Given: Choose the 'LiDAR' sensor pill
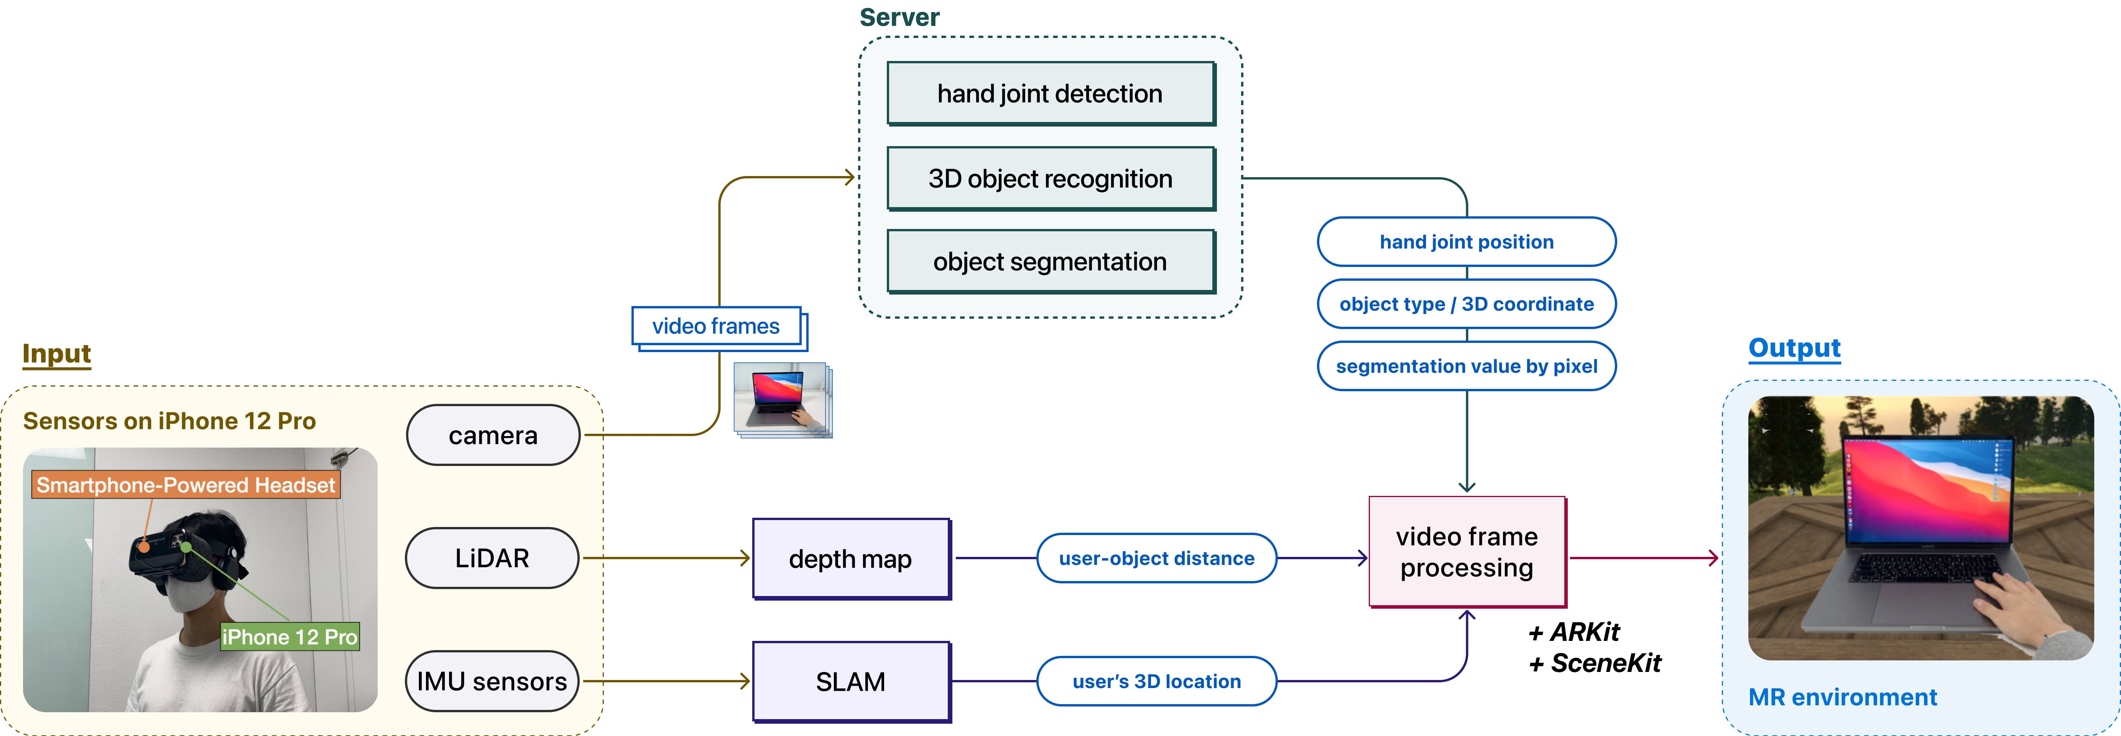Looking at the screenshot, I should pyautogui.click(x=492, y=558).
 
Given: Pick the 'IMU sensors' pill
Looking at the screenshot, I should pyautogui.click(x=492, y=681).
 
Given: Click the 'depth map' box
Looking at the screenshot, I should pyautogui.click(x=850, y=558).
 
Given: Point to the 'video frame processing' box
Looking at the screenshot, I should pyautogui.click(x=1467, y=552).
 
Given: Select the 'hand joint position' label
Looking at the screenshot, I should pyautogui.click(x=1467, y=242).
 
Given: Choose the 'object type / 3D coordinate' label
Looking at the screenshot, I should pyautogui.click(x=1467, y=304).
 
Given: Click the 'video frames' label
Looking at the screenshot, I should pyautogui.click(x=715, y=326).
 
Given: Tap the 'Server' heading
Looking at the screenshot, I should pyautogui.click(x=899, y=17).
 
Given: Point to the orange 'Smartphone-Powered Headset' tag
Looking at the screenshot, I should pyautogui.click(x=186, y=485).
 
